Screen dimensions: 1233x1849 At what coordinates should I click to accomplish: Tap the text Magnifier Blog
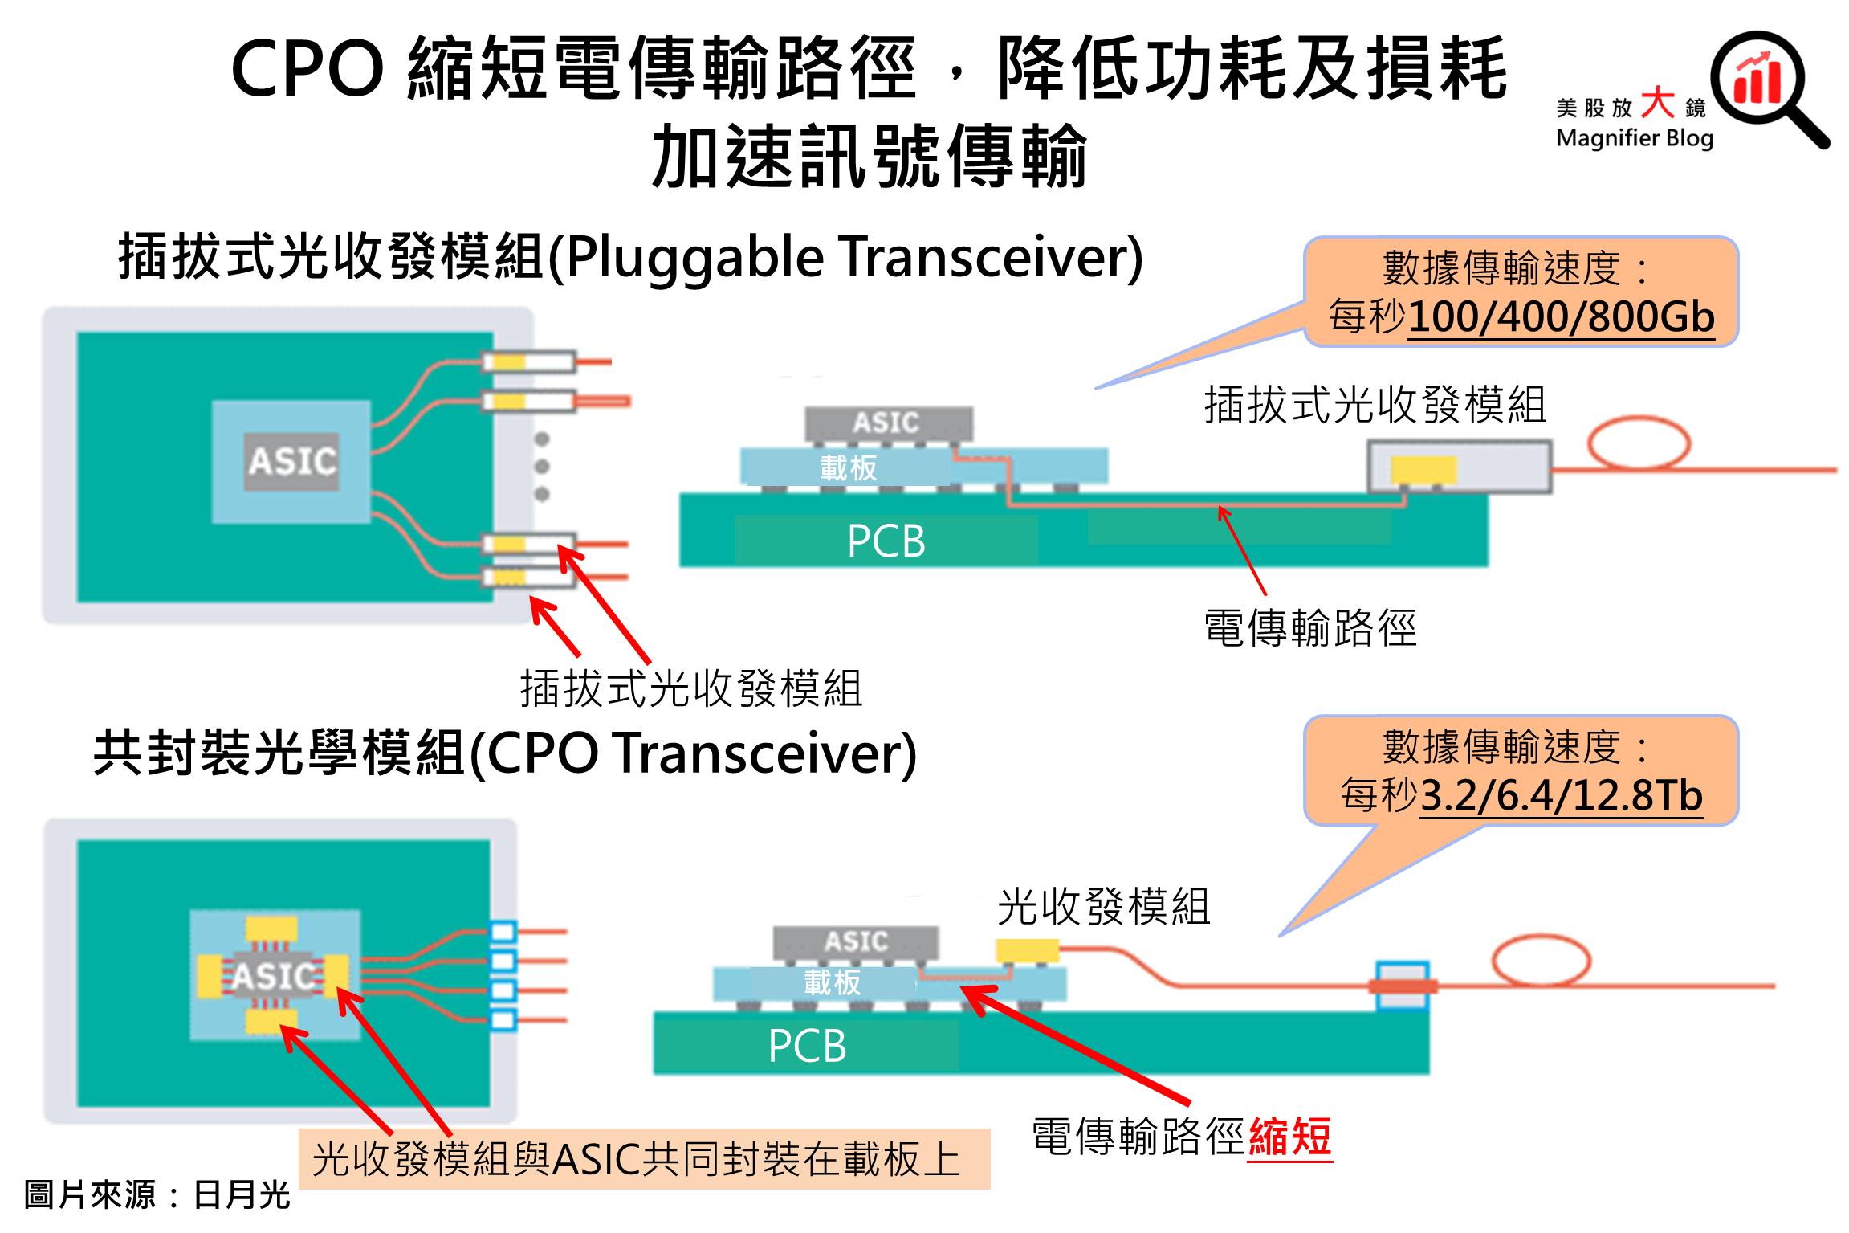click(1634, 138)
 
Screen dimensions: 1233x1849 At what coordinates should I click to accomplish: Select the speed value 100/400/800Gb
click(1561, 316)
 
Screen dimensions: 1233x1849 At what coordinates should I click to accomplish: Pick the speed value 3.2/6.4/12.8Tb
click(1561, 795)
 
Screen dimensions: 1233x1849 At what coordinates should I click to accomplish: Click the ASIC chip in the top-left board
click(292, 461)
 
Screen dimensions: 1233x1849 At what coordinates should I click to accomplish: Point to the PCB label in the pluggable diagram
click(886, 541)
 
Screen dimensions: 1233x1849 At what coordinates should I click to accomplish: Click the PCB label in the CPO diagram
click(807, 1045)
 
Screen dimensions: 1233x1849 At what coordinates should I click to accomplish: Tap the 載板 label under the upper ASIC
click(848, 467)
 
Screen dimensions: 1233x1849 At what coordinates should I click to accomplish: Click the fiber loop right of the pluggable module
click(1639, 443)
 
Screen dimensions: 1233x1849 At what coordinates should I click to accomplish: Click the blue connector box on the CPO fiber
click(1402, 986)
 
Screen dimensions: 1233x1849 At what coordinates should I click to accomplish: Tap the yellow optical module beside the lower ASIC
click(1027, 951)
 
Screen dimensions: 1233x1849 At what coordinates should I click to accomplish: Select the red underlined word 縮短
click(1289, 1137)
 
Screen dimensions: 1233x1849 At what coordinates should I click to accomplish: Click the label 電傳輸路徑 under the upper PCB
click(1309, 627)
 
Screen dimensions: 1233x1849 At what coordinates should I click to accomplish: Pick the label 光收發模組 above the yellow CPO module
click(1103, 907)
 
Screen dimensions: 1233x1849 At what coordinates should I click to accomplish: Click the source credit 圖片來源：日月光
click(157, 1194)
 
